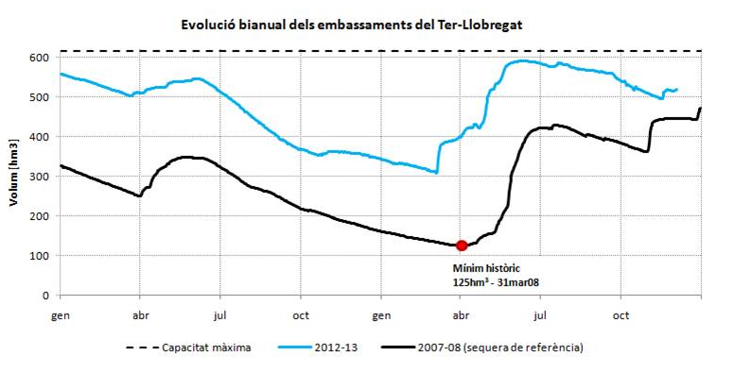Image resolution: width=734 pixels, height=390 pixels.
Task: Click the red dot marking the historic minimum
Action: [x=462, y=246]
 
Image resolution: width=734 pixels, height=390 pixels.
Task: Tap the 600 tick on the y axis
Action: [x=38, y=59]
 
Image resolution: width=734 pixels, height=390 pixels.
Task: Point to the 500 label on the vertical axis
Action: [x=38, y=97]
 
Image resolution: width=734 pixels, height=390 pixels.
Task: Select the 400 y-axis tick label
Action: [x=38, y=137]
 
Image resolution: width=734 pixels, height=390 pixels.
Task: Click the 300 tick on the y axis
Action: [x=38, y=177]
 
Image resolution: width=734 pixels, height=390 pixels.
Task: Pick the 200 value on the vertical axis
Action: [x=38, y=216]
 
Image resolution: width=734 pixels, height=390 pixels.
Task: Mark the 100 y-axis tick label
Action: [x=38, y=256]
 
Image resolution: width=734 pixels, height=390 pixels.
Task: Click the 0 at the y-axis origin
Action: [x=44, y=296]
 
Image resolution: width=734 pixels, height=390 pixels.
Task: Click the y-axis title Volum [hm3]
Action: [x=16, y=176]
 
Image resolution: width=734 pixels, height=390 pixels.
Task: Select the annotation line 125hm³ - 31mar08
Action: [x=498, y=281]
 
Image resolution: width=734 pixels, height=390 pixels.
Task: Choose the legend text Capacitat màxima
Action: [x=206, y=348]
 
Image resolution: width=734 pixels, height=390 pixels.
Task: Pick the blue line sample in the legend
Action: [x=292, y=348]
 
